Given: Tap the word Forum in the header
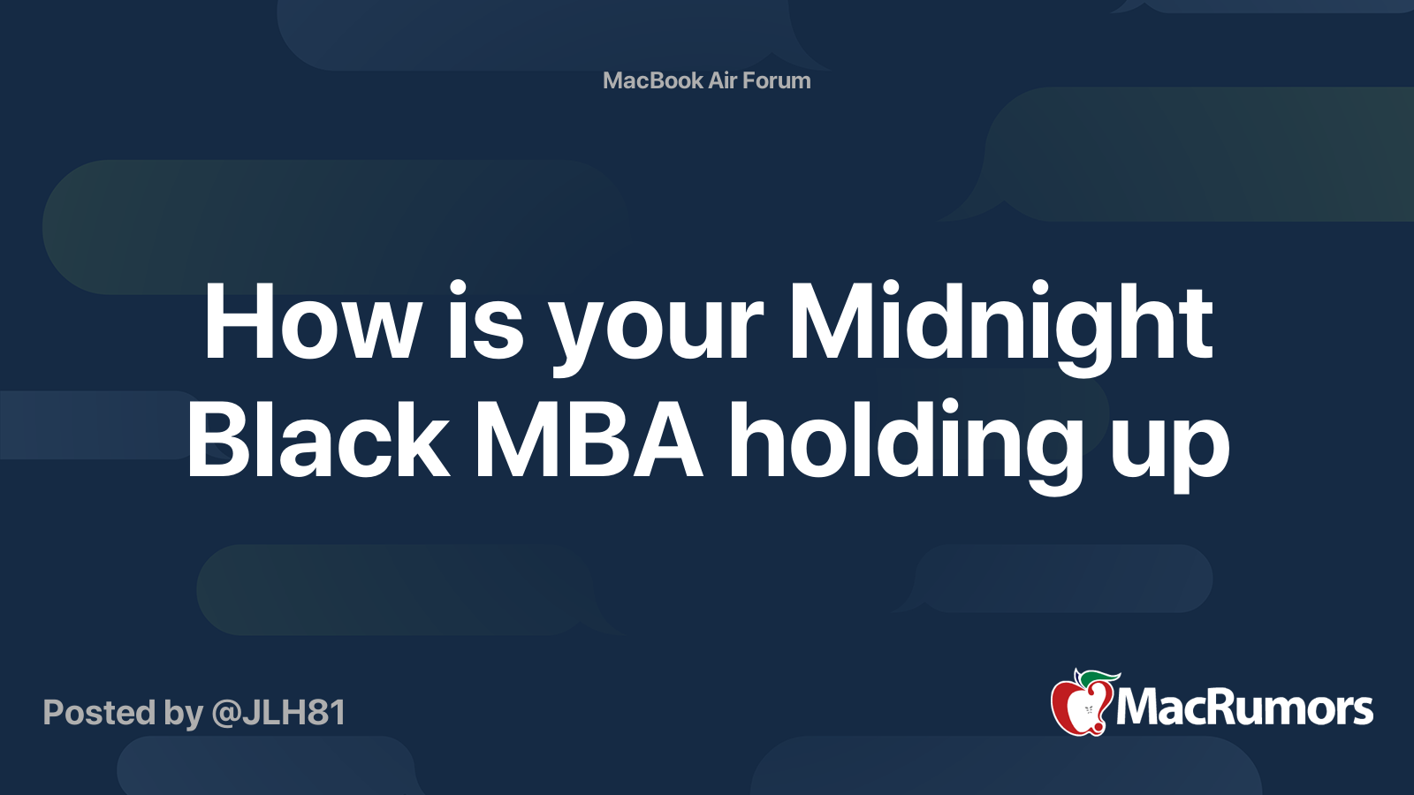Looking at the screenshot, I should click(x=776, y=80).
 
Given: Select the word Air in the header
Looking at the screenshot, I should click(x=722, y=80).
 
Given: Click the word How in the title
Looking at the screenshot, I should click(x=312, y=323).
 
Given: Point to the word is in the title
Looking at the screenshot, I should click(x=485, y=323).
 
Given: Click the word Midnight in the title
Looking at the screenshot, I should click(x=1000, y=323).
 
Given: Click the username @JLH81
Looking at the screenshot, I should click(x=278, y=713).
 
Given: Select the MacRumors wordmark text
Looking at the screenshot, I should click(x=1244, y=708).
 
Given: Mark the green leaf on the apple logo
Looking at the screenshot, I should click(x=1099, y=678).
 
